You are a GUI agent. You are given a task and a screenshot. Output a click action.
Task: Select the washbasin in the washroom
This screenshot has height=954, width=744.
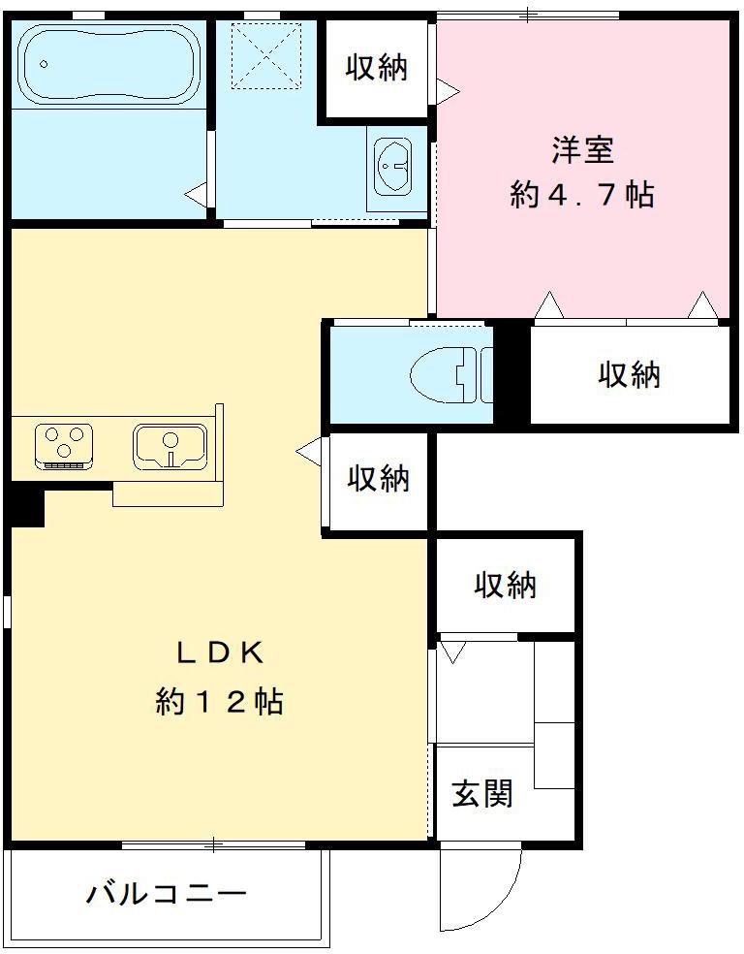pos(394,166)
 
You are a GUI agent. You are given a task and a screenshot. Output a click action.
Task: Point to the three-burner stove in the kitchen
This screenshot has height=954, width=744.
pos(64,445)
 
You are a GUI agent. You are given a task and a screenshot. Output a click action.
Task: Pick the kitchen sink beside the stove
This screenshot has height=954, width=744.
pos(171,445)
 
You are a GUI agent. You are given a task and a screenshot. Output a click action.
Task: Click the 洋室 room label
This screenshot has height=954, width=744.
pos(583,150)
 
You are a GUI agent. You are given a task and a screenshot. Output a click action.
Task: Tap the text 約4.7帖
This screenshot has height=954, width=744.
pos(582,195)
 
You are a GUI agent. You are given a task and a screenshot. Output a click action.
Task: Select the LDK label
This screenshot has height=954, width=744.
pos(220,652)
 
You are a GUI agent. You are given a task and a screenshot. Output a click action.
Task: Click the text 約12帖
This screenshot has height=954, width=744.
pos(220,701)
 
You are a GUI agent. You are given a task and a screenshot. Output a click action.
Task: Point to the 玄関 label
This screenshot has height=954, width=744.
pos(482,794)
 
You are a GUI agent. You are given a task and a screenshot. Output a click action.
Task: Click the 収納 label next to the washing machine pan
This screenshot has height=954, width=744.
pos(377,67)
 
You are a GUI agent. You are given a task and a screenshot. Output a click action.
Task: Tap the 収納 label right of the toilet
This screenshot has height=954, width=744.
pos(629,373)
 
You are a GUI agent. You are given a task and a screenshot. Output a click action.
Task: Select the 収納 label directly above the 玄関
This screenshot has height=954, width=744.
pos(505,585)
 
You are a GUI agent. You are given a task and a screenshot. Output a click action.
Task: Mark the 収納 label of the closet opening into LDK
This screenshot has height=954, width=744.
pos(379,478)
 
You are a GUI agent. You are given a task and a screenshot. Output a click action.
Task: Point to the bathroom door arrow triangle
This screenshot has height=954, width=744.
pos(197,193)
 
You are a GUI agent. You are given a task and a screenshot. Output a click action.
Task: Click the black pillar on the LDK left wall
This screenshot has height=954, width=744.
pos(26,505)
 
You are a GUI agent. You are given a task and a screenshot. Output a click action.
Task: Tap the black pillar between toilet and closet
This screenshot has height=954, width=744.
pos(511,373)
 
